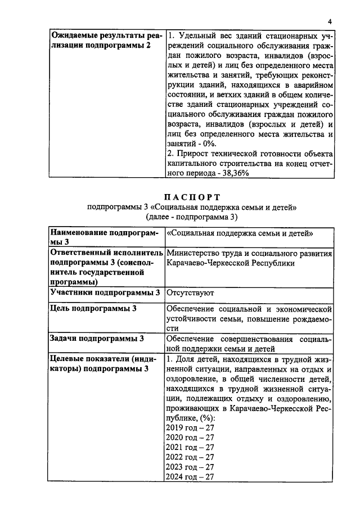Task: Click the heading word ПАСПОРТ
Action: (x=191, y=197)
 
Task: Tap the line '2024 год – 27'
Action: (x=190, y=477)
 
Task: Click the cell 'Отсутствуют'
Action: (x=190, y=293)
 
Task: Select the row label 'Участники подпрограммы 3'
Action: (x=105, y=293)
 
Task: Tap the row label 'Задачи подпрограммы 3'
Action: (x=97, y=338)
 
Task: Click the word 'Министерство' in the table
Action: (x=194, y=253)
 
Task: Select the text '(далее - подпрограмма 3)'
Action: (x=191, y=217)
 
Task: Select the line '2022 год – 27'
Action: (x=190, y=457)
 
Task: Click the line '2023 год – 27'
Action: (x=190, y=467)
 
